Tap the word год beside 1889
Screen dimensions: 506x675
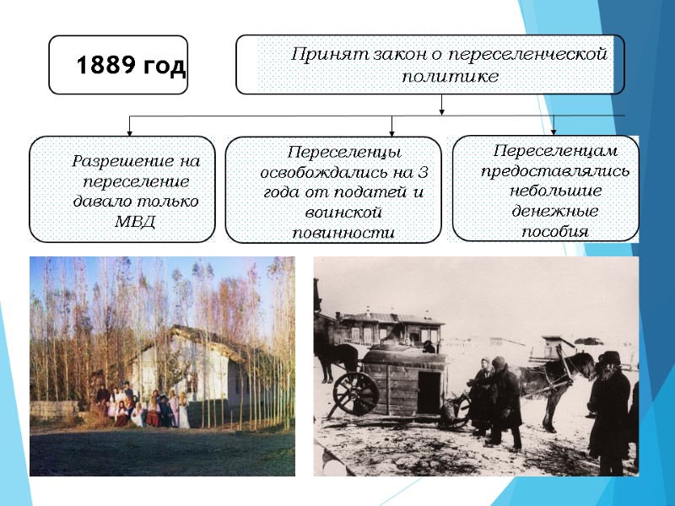pos(162,67)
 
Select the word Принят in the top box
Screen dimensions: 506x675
pos(320,55)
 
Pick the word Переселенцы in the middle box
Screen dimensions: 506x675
pos(343,153)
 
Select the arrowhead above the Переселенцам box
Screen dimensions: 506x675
pos(553,130)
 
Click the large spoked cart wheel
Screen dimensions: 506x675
pos(356,392)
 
